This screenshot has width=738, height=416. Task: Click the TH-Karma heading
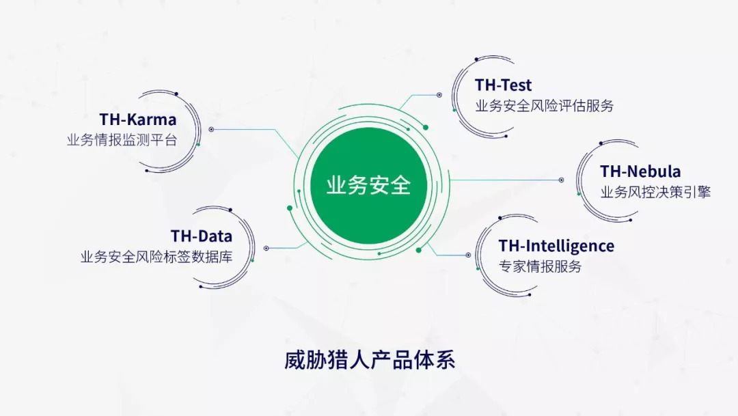tap(138, 120)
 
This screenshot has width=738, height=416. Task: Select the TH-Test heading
tap(503, 85)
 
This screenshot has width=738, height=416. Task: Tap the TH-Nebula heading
tap(640, 171)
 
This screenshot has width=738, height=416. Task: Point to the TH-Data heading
tap(202, 236)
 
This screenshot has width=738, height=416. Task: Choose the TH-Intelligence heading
tap(556, 246)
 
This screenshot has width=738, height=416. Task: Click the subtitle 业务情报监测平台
tap(122, 140)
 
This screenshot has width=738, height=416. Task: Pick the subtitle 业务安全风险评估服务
tap(545, 106)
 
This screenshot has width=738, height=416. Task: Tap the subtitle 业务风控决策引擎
tap(655, 192)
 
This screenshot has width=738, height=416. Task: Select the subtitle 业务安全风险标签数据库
tap(156, 257)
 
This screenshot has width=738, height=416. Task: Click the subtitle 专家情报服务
tap(541, 266)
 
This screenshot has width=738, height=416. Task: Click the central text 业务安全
tap(368, 185)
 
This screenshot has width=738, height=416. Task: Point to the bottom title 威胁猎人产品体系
tap(370, 361)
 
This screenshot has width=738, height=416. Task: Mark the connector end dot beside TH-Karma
tap(211, 129)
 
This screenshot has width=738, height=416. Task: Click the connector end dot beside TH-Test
tap(439, 95)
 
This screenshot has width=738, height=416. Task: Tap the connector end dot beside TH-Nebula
tap(561, 180)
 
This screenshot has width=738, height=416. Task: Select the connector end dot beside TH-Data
tap(266, 249)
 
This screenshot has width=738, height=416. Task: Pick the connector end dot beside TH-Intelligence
tap(468, 255)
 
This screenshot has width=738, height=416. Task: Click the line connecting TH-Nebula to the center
tap(504, 180)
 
